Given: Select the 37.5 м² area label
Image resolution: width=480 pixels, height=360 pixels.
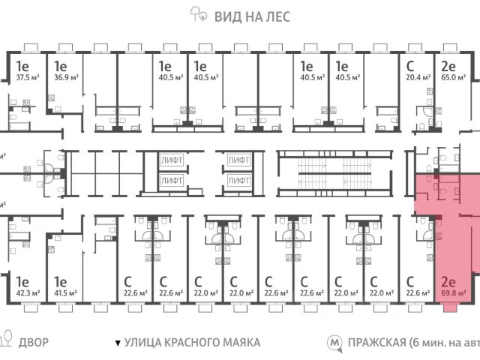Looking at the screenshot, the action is point(29,76).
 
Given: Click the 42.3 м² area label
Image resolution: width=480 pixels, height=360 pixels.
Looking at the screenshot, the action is point(29,292).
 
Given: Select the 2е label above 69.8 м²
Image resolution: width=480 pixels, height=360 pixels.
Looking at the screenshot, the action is point(448,281).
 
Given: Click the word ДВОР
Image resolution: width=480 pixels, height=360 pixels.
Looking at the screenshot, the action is point(34,343).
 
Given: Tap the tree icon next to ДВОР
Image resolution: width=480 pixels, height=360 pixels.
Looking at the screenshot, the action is point(7,341).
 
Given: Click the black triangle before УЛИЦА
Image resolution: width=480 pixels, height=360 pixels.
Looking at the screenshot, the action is point(116,343).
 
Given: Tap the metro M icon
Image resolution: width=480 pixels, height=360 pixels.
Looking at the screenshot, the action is point(332,343).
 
